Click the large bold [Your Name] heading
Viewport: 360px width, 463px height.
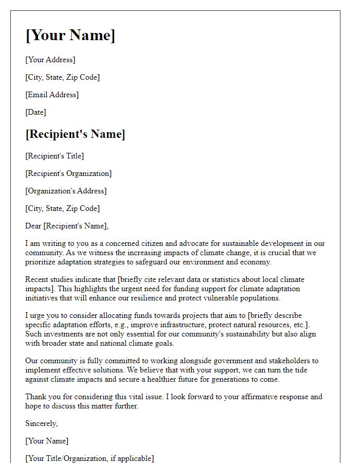(70, 35)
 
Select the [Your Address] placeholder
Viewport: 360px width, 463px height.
(50, 60)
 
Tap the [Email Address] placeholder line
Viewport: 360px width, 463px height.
(52, 95)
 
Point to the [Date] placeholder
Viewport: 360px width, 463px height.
(35, 112)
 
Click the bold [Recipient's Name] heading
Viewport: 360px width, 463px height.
(75, 134)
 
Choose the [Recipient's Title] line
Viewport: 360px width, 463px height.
(55, 156)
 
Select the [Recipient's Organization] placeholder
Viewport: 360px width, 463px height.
(68, 173)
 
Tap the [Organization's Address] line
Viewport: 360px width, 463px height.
(66, 191)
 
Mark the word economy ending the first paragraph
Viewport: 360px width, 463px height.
(255, 262)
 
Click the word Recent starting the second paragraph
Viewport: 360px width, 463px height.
(37, 279)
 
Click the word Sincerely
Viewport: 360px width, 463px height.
(41, 423)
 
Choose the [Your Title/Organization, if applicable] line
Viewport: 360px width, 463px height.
(89, 458)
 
